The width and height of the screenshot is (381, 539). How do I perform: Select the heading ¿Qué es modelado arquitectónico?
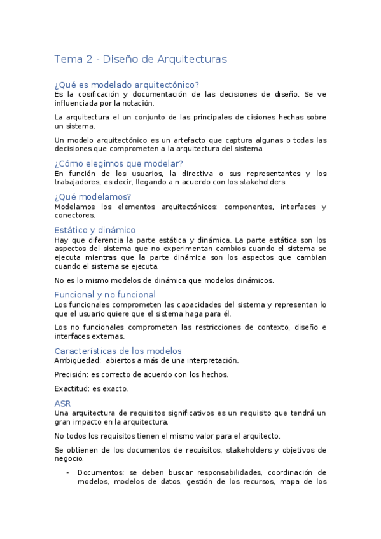pyautogui.click(x=127, y=85)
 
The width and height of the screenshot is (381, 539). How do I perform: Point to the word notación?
pyautogui.click(x=138, y=103)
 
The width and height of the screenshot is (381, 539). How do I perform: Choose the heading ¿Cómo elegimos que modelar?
pyautogui.click(x=118, y=164)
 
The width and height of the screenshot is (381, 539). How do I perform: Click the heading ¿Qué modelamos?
pyautogui.click(x=93, y=197)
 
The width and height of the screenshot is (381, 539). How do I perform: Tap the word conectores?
pyautogui.click(x=74, y=215)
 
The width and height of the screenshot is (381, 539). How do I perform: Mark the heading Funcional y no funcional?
pyautogui.click(x=105, y=295)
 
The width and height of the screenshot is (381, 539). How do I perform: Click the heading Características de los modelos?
pyautogui.click(x=118, y=351)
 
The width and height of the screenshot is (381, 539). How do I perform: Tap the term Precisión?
pyautogui.click(x=71, y=374)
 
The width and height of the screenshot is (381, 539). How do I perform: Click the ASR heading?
pyautogui.click(x=63, y=403)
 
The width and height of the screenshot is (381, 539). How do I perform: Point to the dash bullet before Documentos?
pyautogui.click(x=68, y=473)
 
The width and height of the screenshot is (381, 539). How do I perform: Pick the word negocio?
pyautogui.click(x=70, y=459)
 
